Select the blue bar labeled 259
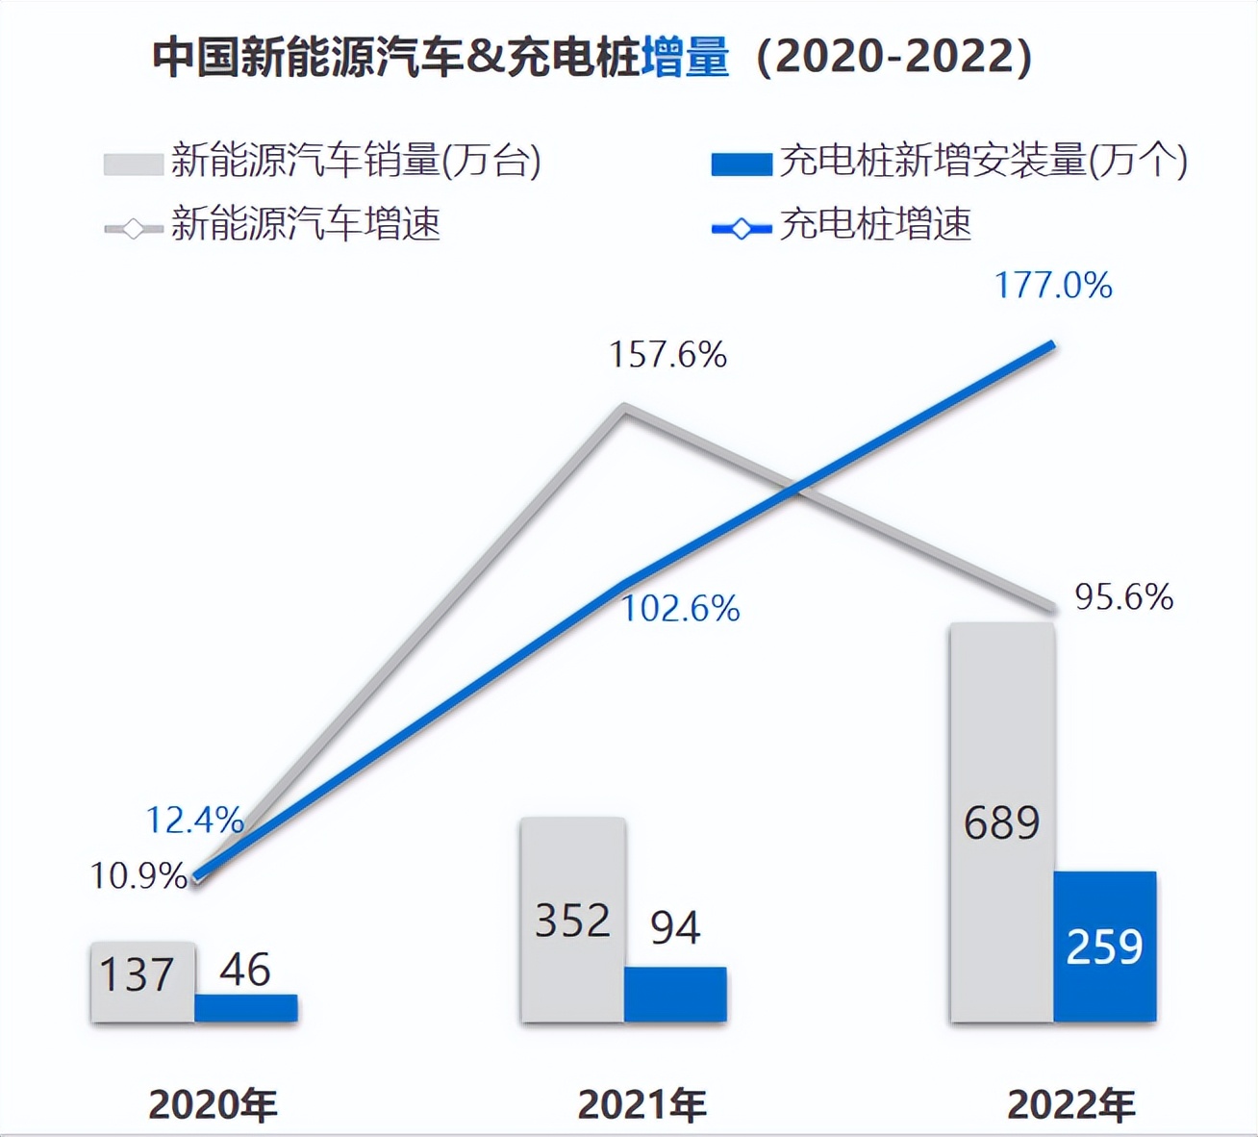tap(1104, 947)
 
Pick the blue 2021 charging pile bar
tap(675, 995)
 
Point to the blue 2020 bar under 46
tap(246, 1008)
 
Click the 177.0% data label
tap(1053, 286)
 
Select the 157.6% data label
tap(667, 355)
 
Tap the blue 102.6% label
tap(680, 609)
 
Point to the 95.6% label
tap(1123, 597)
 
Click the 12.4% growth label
tap(194, 820)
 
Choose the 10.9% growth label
tap(138, 875)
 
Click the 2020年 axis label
tap(213, 1105)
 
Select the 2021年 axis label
tap(642, 1105)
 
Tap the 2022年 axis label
tap(1070, 1105)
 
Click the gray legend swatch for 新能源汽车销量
tap(133, 164)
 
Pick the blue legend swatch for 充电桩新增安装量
tap(741, 164)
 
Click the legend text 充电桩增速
tap(875, 225)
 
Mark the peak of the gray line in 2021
tap(624, 409)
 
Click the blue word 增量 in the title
tap(685, 57)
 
